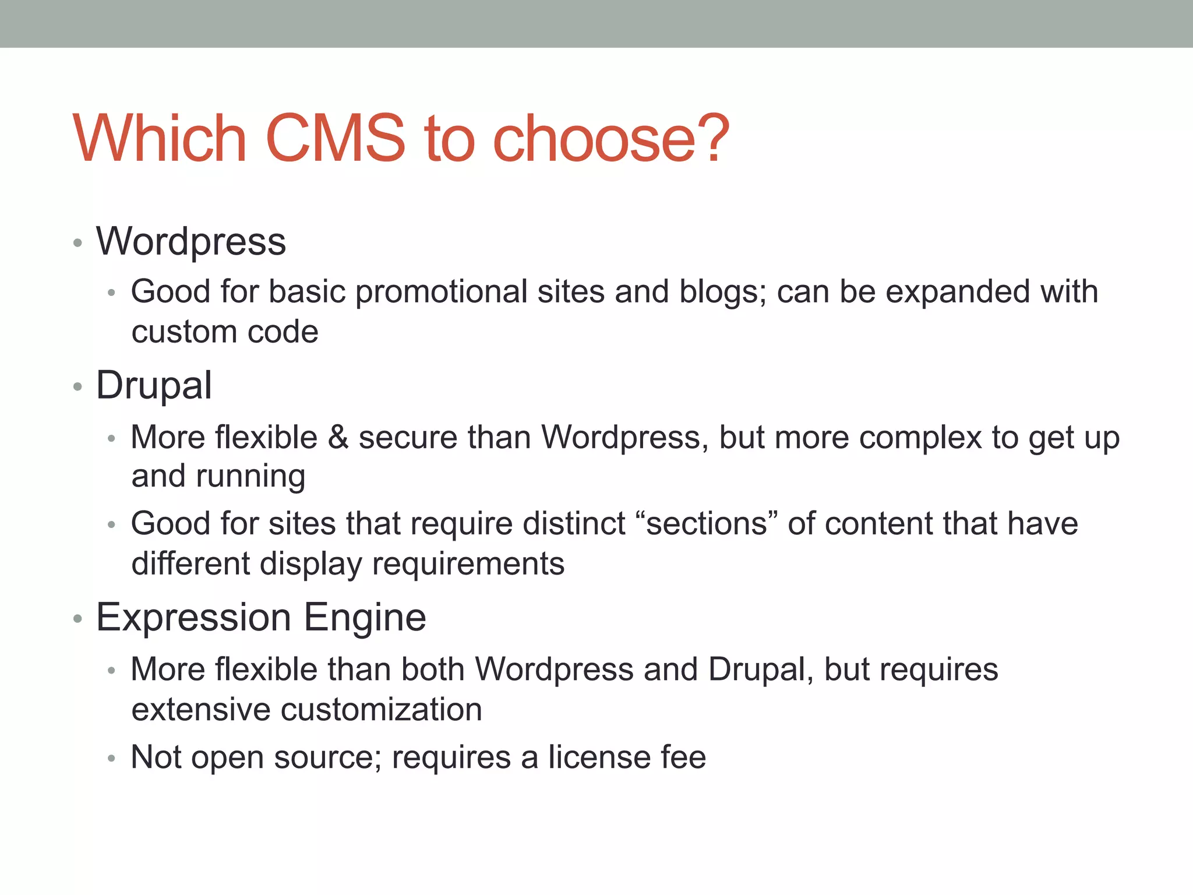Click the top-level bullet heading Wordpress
191,241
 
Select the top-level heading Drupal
154,386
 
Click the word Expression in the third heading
193,618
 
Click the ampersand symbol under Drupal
338,437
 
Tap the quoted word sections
707,523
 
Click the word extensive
201,710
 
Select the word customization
382,710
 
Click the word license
599,757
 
